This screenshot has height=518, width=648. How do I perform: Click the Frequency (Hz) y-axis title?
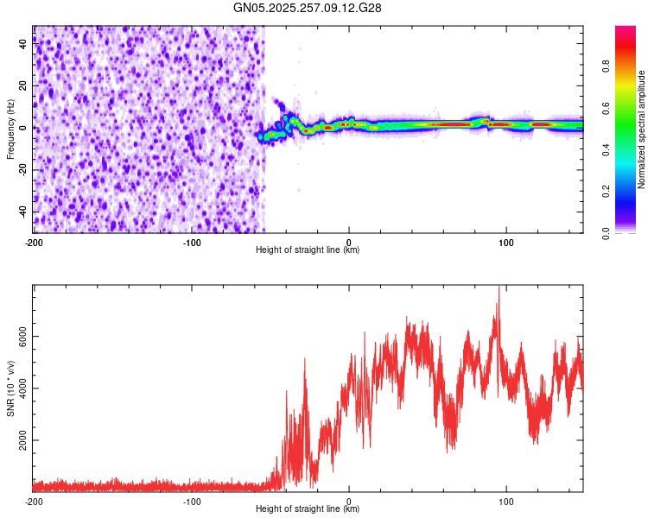click(x=10, y=129)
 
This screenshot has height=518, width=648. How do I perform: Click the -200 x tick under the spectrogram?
click(x=33, y=242)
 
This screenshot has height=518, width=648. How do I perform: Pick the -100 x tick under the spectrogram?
click(x=192, y=242)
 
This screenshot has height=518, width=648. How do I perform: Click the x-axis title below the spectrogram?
click(x=308, y=250)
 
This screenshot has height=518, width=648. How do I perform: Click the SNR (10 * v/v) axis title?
click(x=10, y=388)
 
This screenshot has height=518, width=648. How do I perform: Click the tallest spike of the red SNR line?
click(x=499, y=287)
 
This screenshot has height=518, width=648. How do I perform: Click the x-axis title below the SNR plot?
click(x=308, y=509)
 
